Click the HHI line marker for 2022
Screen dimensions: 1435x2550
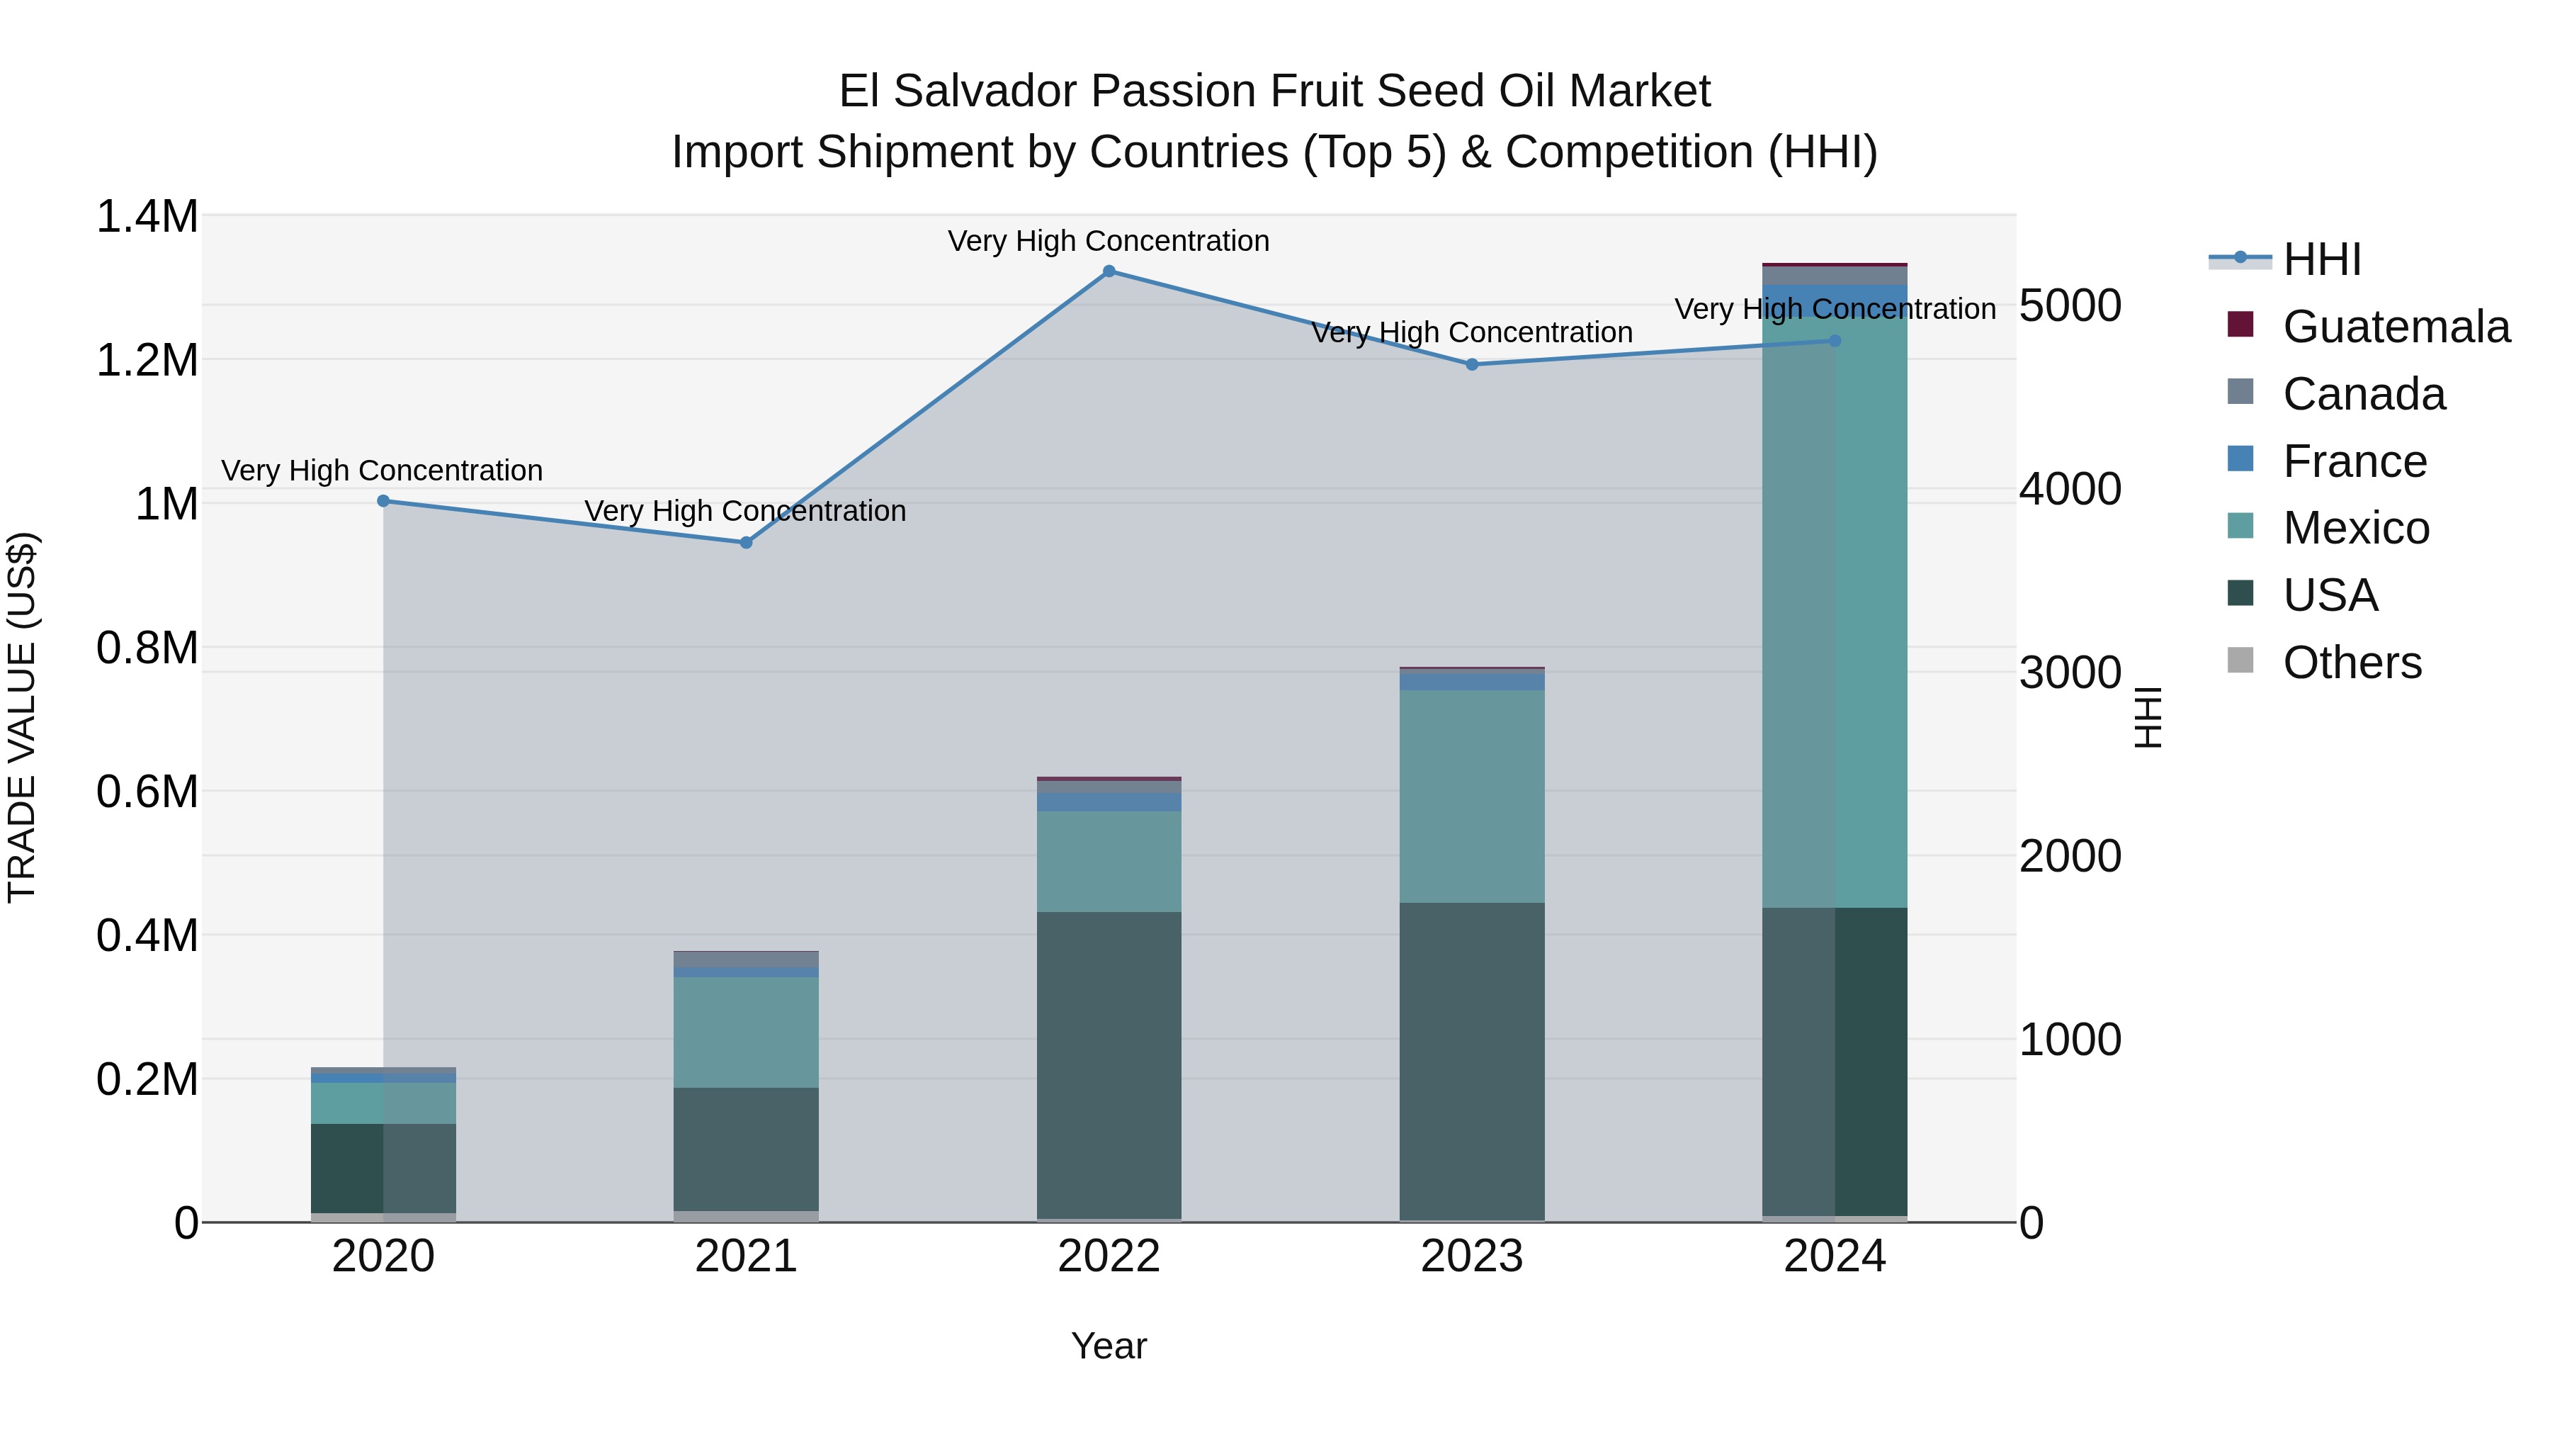(x=1109, y=271)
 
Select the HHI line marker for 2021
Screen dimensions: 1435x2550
(x=747, y=543)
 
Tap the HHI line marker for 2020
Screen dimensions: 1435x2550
(x=384, y=501)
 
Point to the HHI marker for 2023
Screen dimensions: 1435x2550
(x=1472, y=364)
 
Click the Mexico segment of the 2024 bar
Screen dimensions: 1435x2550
(x=1835, y=614)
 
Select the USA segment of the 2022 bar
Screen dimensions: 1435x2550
(x=1109, y=1064)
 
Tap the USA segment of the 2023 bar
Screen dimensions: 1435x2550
(x=1472, y=1059)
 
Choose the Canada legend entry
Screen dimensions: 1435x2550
(x=2363, y=394)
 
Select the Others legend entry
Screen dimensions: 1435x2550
(x=2351, y=663)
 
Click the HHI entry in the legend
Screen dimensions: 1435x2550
(x=2321, y=259)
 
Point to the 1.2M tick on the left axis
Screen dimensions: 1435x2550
(x=147, y=361)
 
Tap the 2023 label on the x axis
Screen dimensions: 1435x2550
(x=1472, y=1256)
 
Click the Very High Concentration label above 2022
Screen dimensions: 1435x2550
(x=1109, y=241)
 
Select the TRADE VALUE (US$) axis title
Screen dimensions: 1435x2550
(x=22, y=717)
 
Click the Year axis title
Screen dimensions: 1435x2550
(x=1109, y=1346)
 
